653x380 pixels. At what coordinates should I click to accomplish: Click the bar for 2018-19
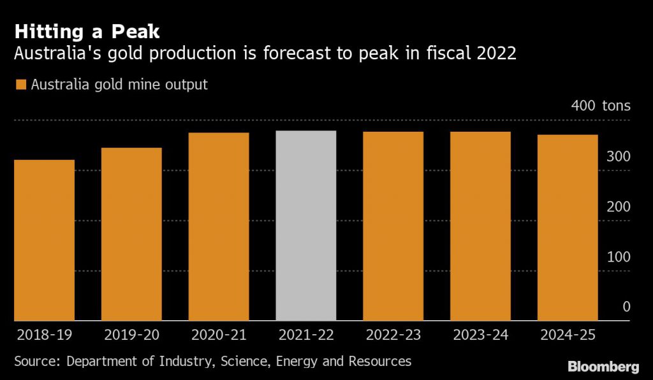point(45,240)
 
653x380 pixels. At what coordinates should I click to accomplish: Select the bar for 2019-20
point(131,234)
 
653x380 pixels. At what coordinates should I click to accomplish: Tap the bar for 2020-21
point(219,227)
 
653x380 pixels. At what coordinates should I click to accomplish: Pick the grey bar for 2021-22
point(306,225)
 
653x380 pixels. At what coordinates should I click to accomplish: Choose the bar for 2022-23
point(393,226)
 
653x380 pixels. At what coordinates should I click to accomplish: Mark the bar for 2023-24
point(480,226)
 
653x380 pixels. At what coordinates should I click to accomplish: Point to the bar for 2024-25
point(568,227)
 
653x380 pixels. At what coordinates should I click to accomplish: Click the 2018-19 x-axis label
point(45,335)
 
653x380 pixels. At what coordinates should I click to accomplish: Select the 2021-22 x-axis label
point(306,335)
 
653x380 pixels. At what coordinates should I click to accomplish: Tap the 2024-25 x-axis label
point(568,335)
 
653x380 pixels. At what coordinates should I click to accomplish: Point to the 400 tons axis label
point(600,106)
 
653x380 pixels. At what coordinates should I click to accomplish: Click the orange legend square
point(20,85)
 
